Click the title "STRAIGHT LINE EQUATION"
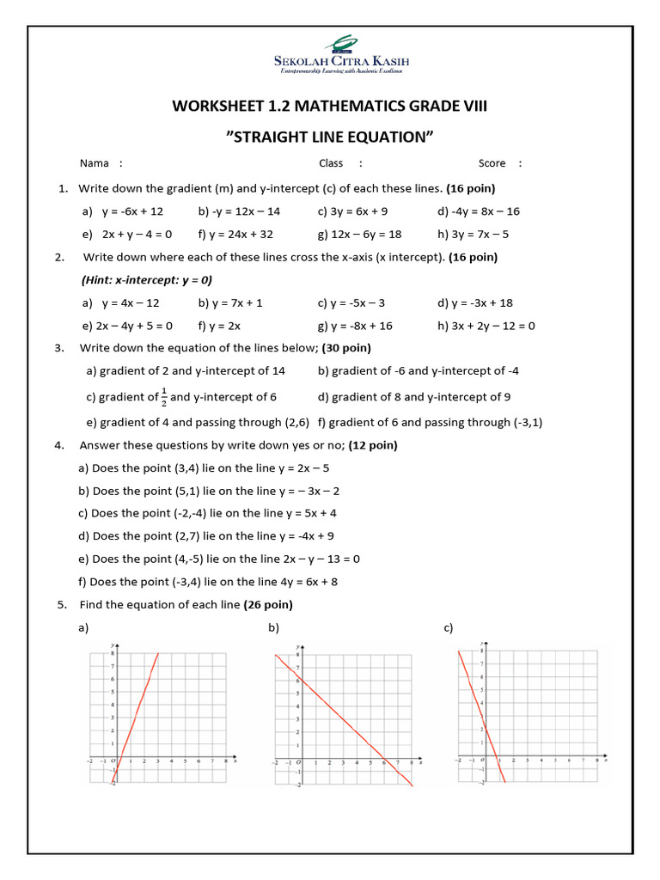tap(329, 137)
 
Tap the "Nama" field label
tap(95, 163)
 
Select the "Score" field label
tap(492, 163)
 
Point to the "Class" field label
tap(331, 163)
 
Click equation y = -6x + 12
tap(132, 211)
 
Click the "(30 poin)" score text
tap(346, 348)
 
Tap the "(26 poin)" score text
tap(268, 604)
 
